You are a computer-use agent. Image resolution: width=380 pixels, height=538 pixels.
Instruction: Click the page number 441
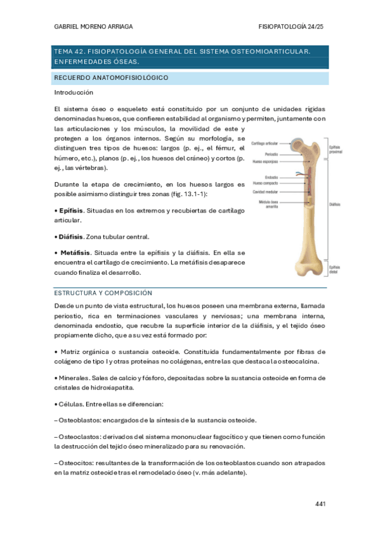pyautogui.click(x=320, y=504)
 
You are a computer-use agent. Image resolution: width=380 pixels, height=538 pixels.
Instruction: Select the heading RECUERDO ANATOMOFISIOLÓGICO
pyautogui.click(x=110, y=77)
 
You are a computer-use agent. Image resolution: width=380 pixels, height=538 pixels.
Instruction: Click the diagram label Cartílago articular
pyautogui.click(x=265, y=144)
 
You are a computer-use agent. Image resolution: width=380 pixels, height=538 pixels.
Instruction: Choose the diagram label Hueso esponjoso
pyautogui.click(x=266, y=162)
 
